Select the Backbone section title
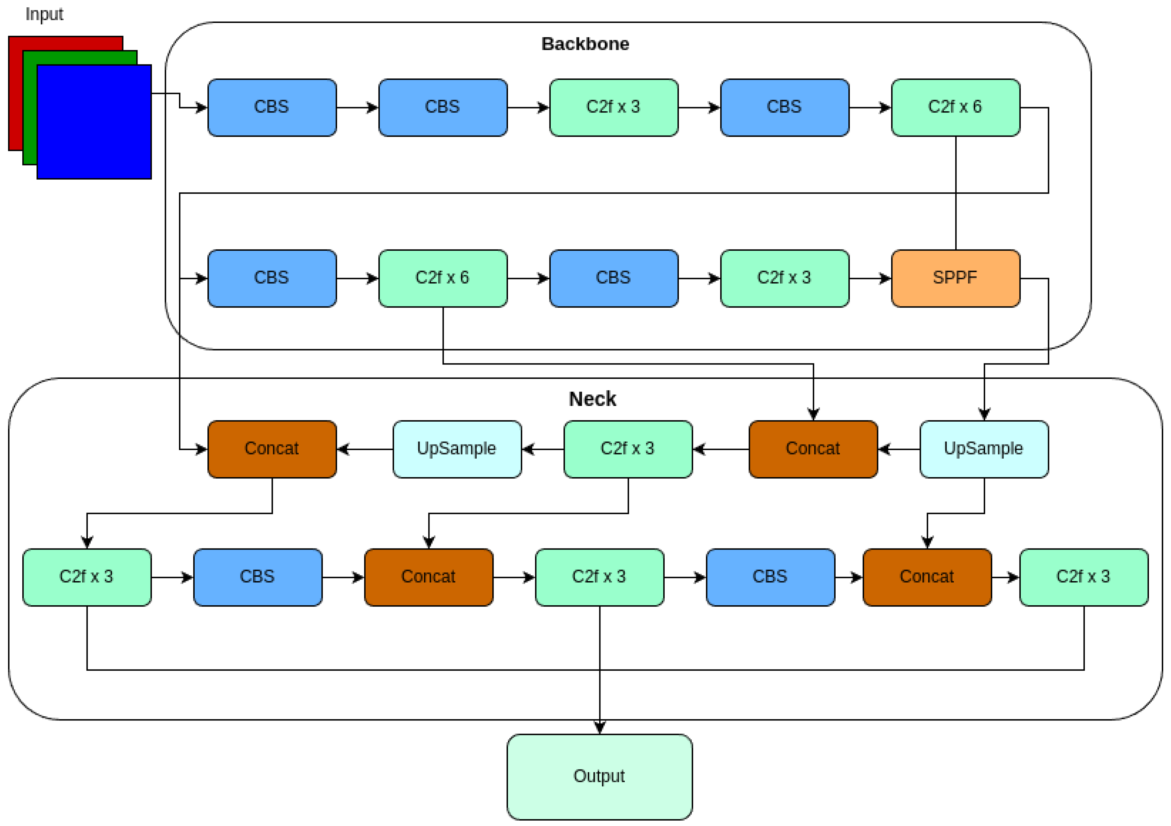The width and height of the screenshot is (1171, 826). pyautogui.click(x=585, y=44)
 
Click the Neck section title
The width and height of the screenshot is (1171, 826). pyautogui.click(x=592, y=399)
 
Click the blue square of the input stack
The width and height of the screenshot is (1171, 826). pyautogui.click(x=94, y=122)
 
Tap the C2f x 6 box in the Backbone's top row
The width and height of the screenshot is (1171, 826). pyautogui.click(x=955, y=107)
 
